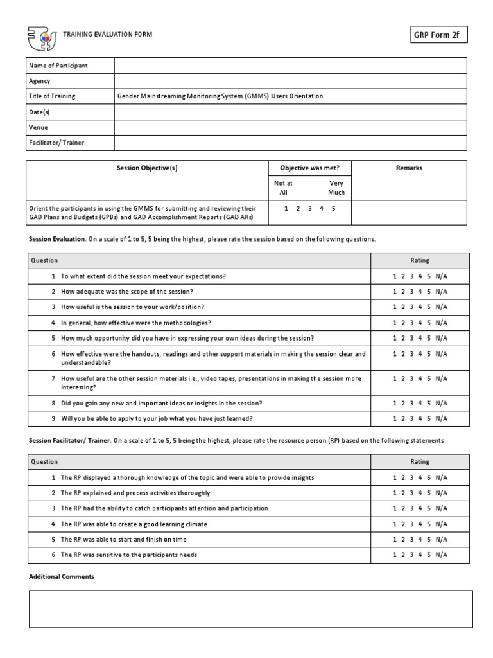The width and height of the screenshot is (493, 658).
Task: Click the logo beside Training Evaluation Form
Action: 42,39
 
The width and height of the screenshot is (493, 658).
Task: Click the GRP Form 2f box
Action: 438,35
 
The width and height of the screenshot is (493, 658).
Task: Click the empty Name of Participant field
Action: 290,66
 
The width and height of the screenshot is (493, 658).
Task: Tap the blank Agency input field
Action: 290,81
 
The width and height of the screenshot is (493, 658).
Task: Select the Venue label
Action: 39,127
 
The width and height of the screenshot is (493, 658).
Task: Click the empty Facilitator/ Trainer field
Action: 290,143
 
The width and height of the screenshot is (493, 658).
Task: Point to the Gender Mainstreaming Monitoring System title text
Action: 220,96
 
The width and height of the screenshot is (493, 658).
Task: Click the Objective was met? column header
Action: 309,168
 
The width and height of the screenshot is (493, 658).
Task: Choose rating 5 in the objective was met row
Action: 334,208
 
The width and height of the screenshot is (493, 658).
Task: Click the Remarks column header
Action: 409,168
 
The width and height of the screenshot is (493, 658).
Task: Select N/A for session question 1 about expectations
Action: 441,276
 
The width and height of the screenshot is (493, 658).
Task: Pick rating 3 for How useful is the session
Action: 411,307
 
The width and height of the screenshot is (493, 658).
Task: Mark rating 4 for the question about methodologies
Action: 420,323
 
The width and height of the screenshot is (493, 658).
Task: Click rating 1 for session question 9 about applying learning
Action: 394,419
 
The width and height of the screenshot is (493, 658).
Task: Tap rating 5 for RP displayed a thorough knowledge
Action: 428,477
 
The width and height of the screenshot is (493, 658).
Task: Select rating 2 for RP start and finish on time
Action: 403,540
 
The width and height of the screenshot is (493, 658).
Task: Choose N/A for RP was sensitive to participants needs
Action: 441,555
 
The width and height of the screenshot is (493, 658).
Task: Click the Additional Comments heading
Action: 62,577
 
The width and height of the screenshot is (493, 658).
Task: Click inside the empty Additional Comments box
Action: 250,609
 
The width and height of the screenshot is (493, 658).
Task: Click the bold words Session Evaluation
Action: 56,239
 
